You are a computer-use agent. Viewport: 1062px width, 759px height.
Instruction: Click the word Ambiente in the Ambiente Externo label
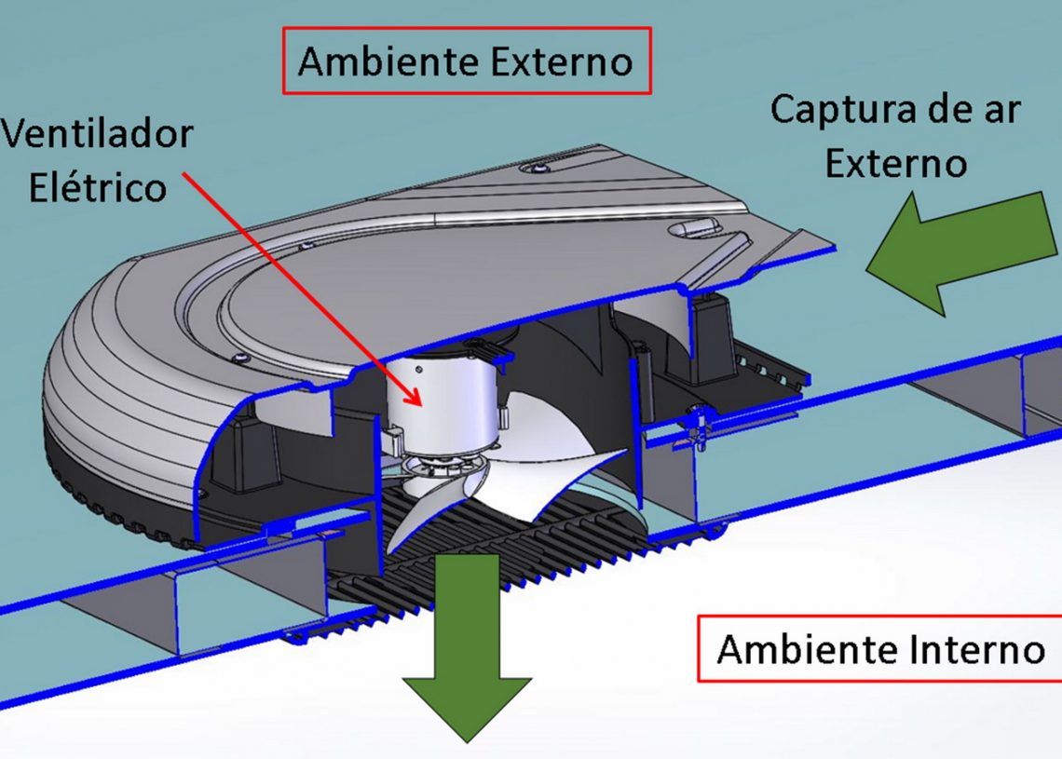[373, 62]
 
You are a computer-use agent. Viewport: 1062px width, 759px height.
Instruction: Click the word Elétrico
[97, 187]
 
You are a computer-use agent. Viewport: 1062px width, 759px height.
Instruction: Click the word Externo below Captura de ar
[896, 163]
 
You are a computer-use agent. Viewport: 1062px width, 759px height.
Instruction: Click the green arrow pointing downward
[466, 652]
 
